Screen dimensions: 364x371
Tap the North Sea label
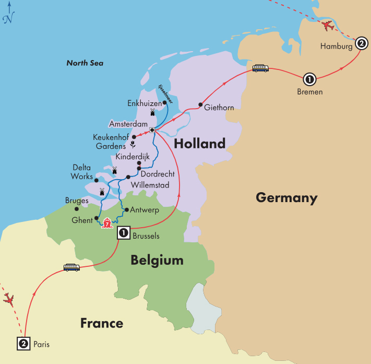pos(85,63)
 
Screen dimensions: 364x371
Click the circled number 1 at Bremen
pos(309,79)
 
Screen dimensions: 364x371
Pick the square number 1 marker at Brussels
pos(123,233)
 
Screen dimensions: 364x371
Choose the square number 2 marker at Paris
pos(23,344)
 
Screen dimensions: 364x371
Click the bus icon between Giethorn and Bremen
pos(260,68)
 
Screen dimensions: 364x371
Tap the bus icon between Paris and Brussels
pos(72,267)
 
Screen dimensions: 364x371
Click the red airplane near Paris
pos(8,299)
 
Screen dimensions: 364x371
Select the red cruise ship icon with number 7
pos(107,224)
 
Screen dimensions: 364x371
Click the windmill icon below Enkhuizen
pos(153,112)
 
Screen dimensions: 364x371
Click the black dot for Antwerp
pos(126,210)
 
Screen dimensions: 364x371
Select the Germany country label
pos(286,198)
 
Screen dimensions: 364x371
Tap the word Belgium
pos(157,260)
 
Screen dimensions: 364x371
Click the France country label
pos(102,323)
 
